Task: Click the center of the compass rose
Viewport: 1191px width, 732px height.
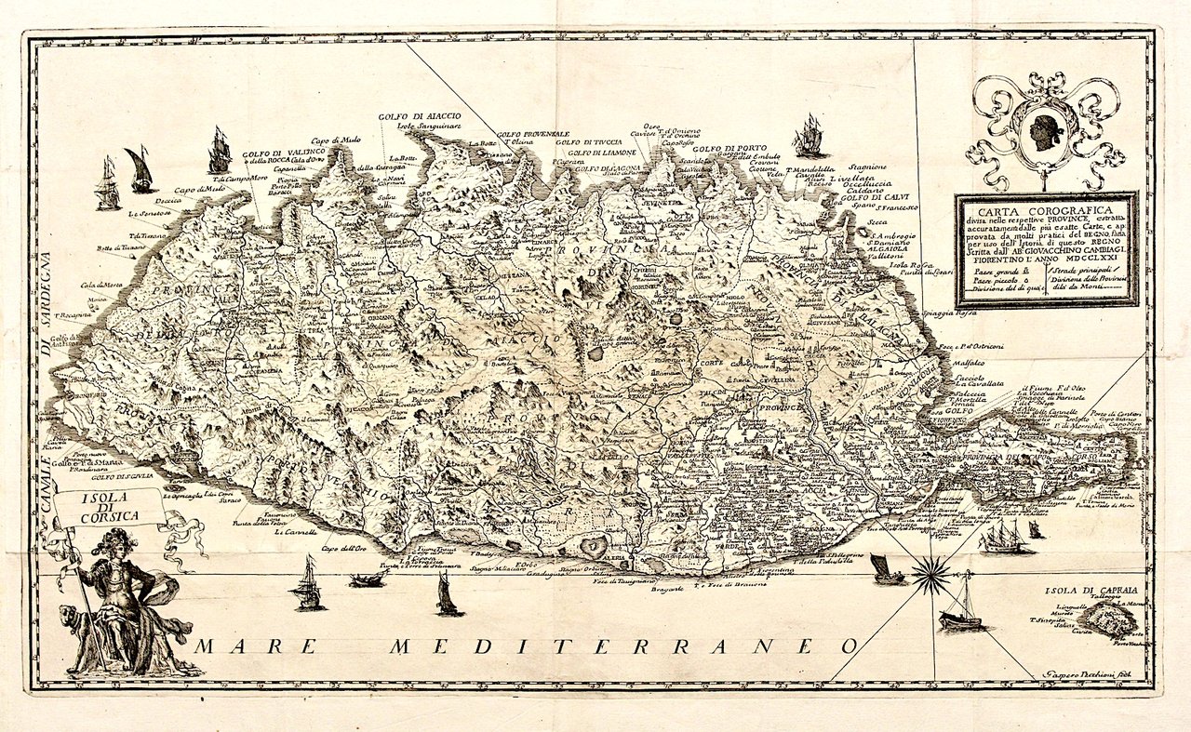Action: (931, 573)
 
